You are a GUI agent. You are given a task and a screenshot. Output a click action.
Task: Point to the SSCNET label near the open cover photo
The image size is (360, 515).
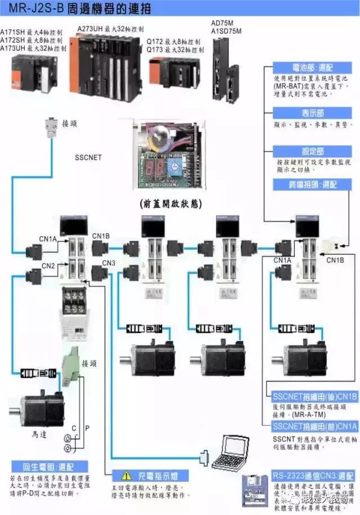pos(88,158)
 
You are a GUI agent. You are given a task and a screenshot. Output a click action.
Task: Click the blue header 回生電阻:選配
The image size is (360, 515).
pos(48,467)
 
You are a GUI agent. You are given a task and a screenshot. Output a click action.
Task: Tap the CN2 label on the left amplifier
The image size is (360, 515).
pos(48,265)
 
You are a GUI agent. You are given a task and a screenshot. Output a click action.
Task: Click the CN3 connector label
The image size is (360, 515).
pos(109,263)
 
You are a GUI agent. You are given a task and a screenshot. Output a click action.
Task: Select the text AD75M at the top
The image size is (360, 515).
pos(222,23)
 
